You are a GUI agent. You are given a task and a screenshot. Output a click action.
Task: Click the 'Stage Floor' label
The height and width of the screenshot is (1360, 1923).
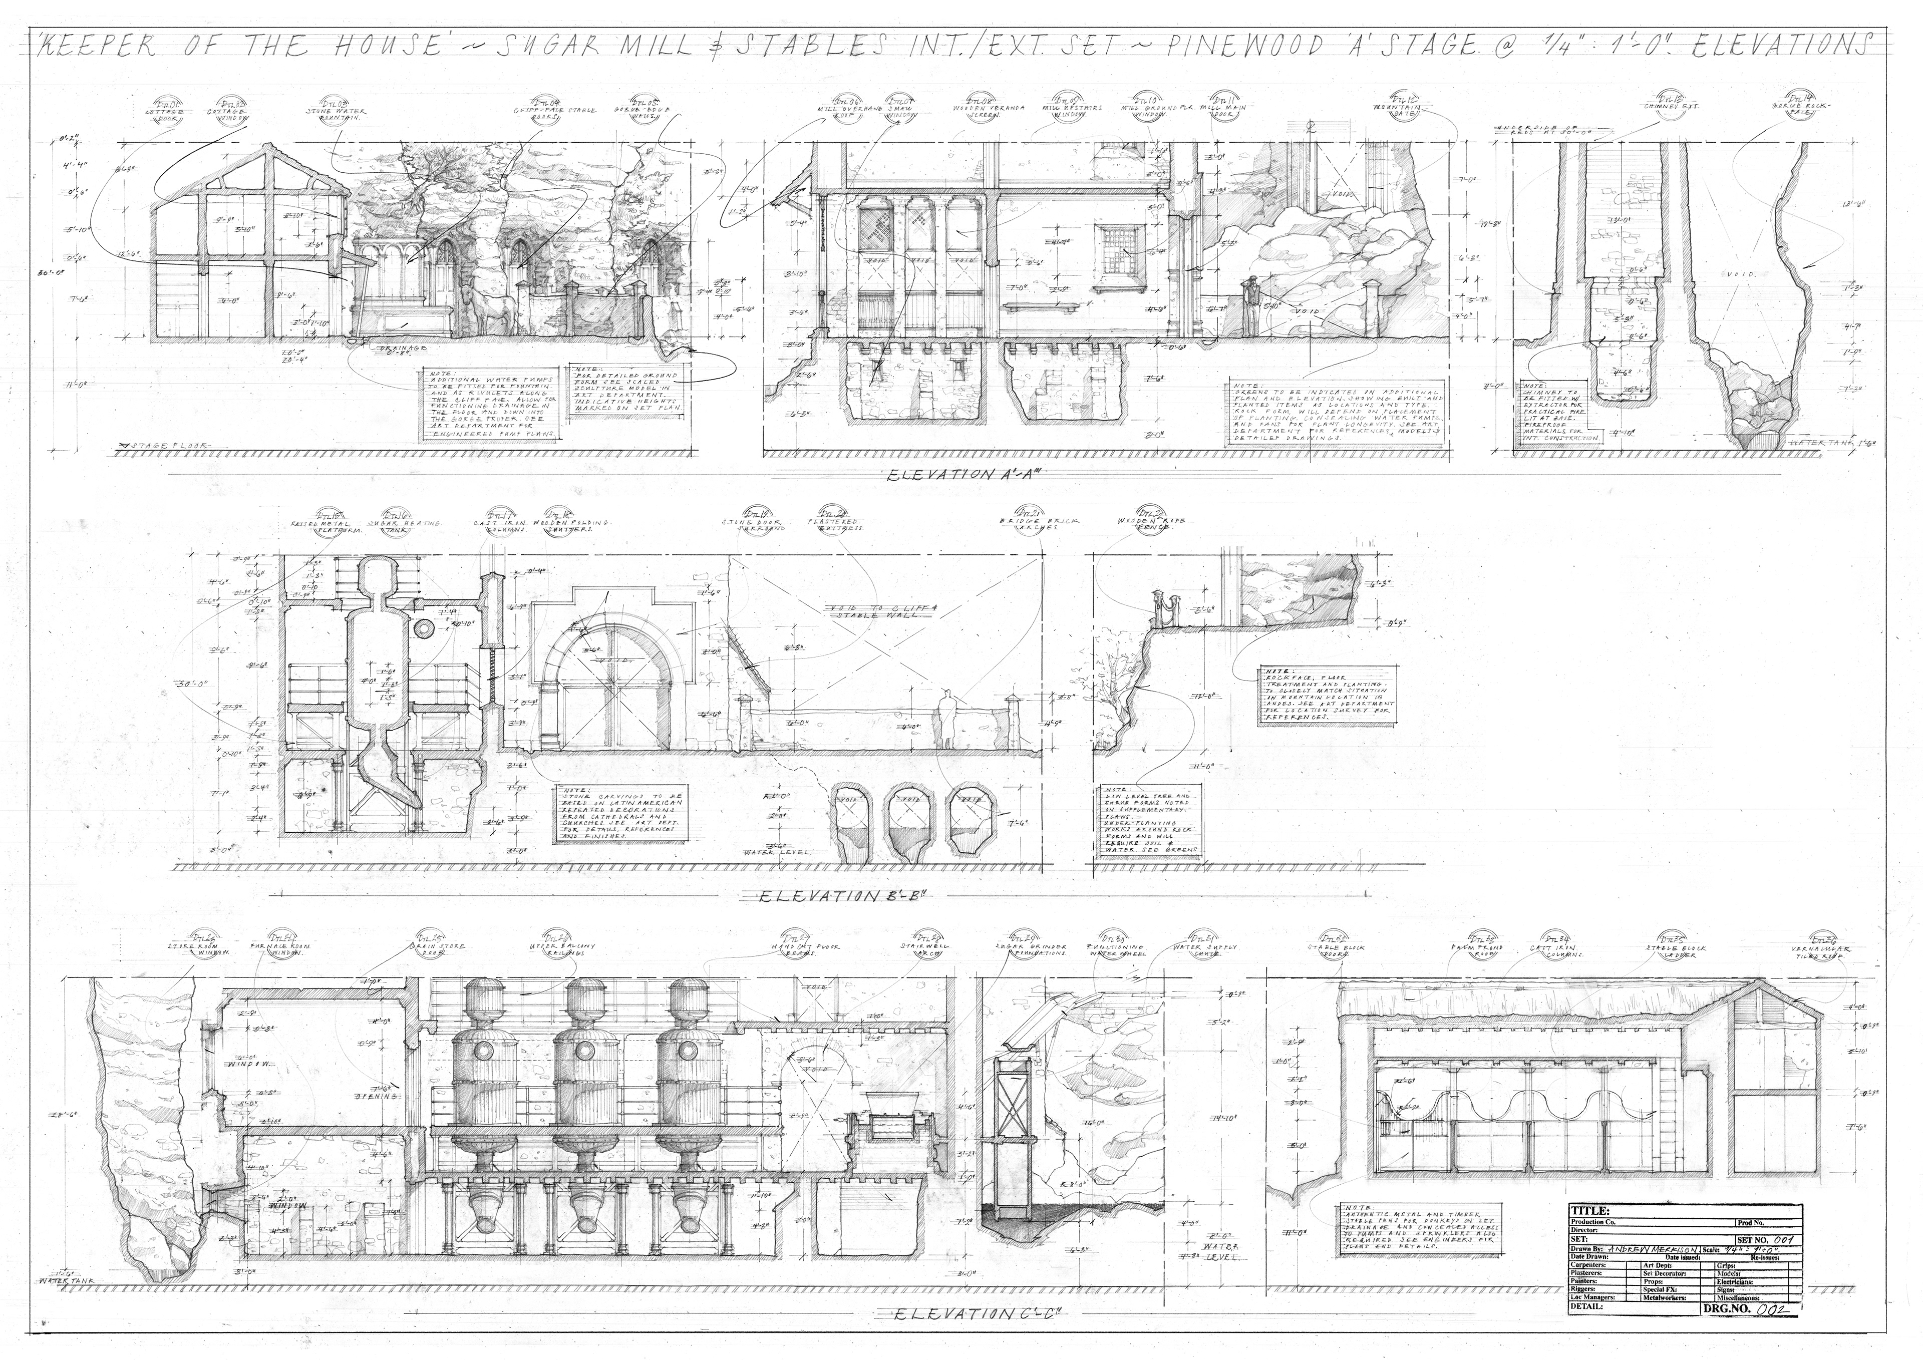pos(167,446)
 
